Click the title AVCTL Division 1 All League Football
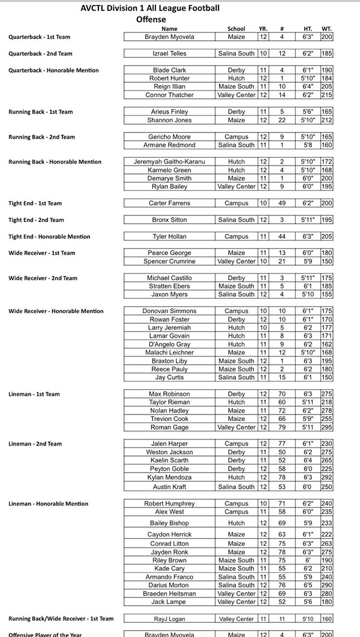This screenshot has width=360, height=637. pyautogui.click(x=150, y=8)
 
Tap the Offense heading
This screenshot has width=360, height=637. pyautogui.click(x=150, y=19)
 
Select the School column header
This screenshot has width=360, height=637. pyautogui.click(x=236, y=29)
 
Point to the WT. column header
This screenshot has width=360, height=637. pyautogui.click(x=327, y=29)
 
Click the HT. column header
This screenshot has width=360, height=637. pyautogui.click(x=308, y=29)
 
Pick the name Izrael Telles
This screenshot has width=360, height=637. pyautogui.click(x=170, y=54)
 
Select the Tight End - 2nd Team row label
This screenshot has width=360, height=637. pyautogui.click(x=36, y=220)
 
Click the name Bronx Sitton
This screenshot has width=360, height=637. pyautogui.click(x=170, y=220)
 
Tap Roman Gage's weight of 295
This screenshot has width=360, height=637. pyautogui.click(x=327, y=428)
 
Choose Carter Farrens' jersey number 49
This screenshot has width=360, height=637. pyautogui.click(x=281, y=203)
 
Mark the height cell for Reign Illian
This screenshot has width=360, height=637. pyautogui.click(x=308, y=87)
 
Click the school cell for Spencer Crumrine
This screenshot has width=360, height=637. pyautogui.click(x=236, y=262)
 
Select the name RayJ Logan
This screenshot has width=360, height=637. pyautogui.click(x=170, y=618)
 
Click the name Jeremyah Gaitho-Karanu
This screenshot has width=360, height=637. pyautogui.click(x=170, y=162)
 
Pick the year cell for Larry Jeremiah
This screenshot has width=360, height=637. pyautogui.click(x=263, y=328)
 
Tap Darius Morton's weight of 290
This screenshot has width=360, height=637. pyautogui.click(x=327, y=585)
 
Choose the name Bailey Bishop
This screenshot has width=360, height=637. pyautogui.click(x=170, y=523)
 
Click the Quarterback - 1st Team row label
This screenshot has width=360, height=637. pyautogui.click(x=39, y=37)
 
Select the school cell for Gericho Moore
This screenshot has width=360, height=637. pyautogui.click(x=236, y=137)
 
